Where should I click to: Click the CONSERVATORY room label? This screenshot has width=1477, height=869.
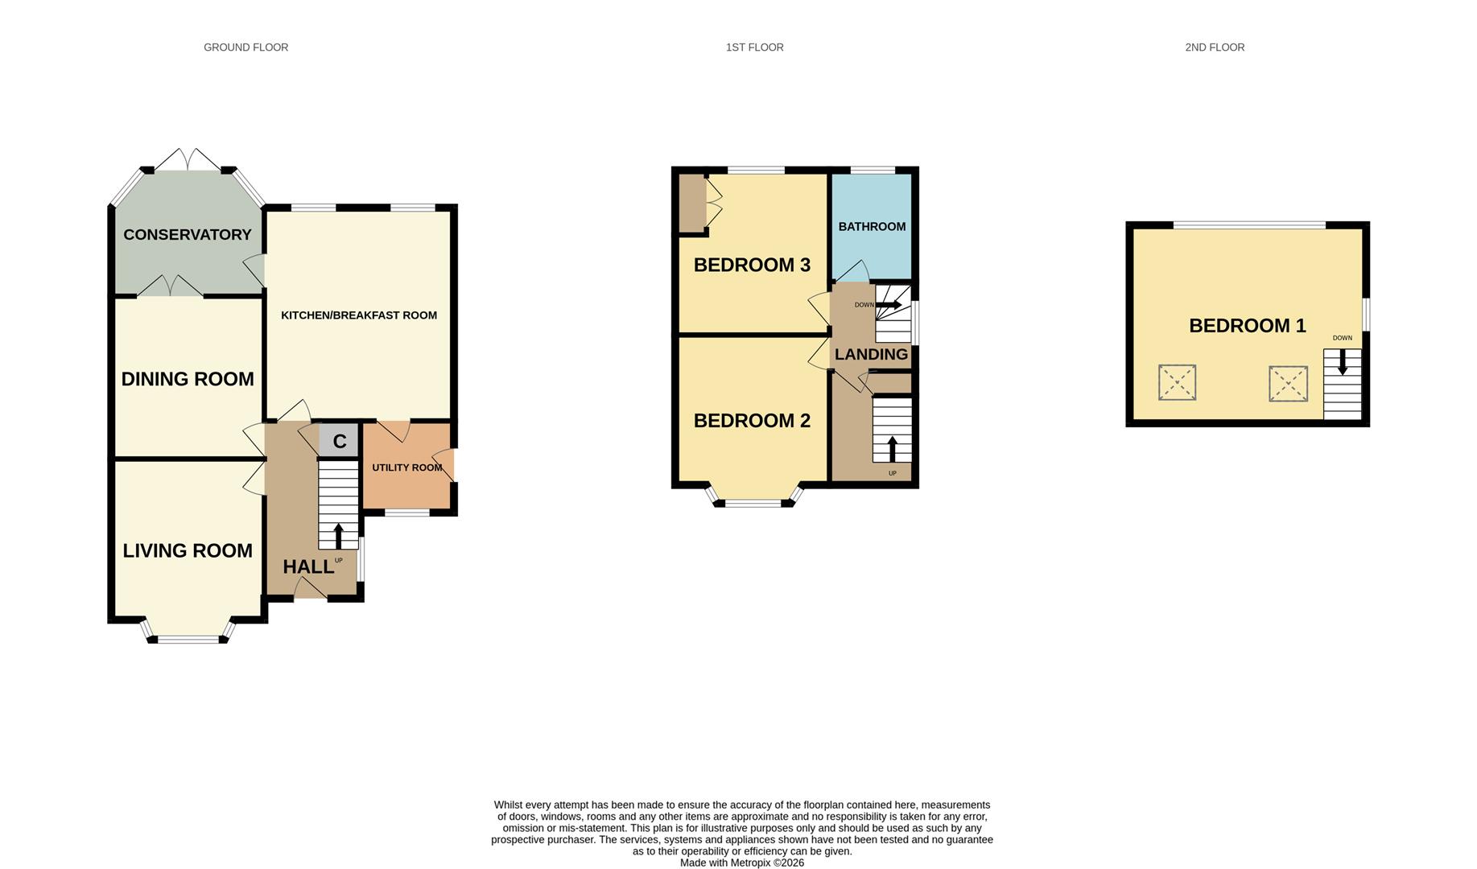click(187, 235)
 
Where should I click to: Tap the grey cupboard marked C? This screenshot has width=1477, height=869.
click(339, 442)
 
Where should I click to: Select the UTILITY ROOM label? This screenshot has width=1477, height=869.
click(406, 467)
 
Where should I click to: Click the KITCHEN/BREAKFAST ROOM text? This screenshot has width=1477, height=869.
click(358, 315)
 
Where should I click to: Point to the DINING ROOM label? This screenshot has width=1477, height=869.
click(188, 379)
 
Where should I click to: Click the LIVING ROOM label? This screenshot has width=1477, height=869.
click(188, 551)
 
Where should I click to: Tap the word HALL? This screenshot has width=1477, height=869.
click(307, 567)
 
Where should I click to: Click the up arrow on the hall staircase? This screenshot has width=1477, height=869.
click(338, 535)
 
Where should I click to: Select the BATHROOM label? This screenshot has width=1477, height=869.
click(872, 227)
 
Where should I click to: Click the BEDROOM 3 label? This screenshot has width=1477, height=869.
click(752, 265)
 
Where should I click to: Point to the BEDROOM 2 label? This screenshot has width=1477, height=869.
click(752, 421)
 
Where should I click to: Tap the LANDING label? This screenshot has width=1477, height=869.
click(871, 355)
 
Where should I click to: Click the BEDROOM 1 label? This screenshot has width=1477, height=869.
click(1247, 326)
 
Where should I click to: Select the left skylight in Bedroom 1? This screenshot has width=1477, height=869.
click(1177, 382)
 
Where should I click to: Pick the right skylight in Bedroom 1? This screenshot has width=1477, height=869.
click(1288, 384)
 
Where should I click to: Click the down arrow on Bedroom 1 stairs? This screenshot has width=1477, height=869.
click(1342, 362)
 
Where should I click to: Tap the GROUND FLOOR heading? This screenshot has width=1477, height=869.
click(245, 47)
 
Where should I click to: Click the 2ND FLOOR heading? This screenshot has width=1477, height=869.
click(1214, 47)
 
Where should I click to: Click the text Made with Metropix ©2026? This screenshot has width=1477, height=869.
click(741, 863)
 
